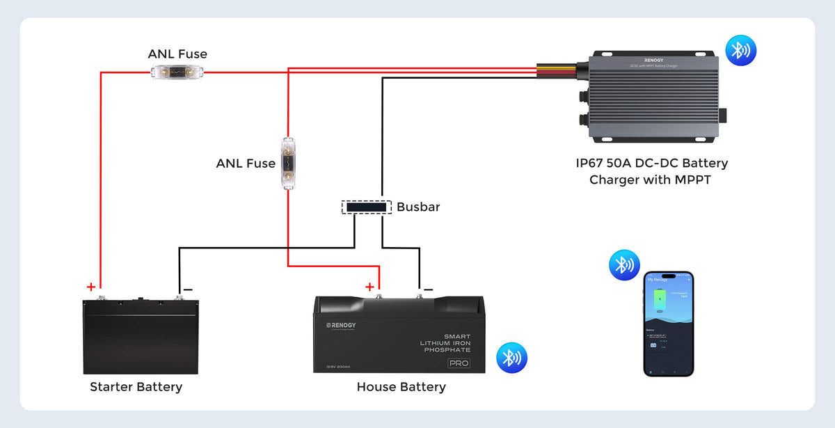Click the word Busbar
pyautogui.click(x=418, y=207)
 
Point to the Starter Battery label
pyautogui.click(x=136, y=387)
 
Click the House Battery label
pyautogui.click(x=401, y=387)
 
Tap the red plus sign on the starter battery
pyautogui.click(x=90, y=287)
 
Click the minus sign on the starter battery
pyautogui.click(x=187, y=289)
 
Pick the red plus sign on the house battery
pyautogui.click(x=369, y=287)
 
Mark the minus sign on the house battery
pyautogui.click(x=428, y=289)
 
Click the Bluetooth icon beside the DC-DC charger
pyautogui.click(x=741, y=51)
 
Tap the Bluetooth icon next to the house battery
pyautogui.click(x=511, y=358)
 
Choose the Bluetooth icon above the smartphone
pyautogui.click(x=624, y=265)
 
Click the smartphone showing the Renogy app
pyautogui.click(x=668, y=324)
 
